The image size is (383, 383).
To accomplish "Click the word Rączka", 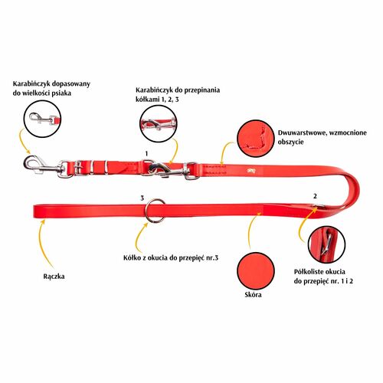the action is point(54,277).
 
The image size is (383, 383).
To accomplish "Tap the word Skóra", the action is point(253,295).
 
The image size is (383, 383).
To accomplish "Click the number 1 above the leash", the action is point(146,153).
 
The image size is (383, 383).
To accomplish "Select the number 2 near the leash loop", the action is point(315,196).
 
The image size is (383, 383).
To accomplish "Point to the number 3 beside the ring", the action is point(142,198).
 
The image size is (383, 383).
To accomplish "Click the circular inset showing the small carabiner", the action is point(42,119).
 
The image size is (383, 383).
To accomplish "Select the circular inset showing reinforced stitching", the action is point(256,139).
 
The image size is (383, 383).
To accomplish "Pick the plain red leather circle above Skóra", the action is point(256,271).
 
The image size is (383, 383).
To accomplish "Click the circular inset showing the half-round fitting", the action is point(326,244).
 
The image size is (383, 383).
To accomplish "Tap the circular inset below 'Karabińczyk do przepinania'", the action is point(159,124).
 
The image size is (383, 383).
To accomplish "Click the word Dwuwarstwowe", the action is point(301,133).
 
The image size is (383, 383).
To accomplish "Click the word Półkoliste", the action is point(307,272).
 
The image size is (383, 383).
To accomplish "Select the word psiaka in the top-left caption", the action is point(61,93).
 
